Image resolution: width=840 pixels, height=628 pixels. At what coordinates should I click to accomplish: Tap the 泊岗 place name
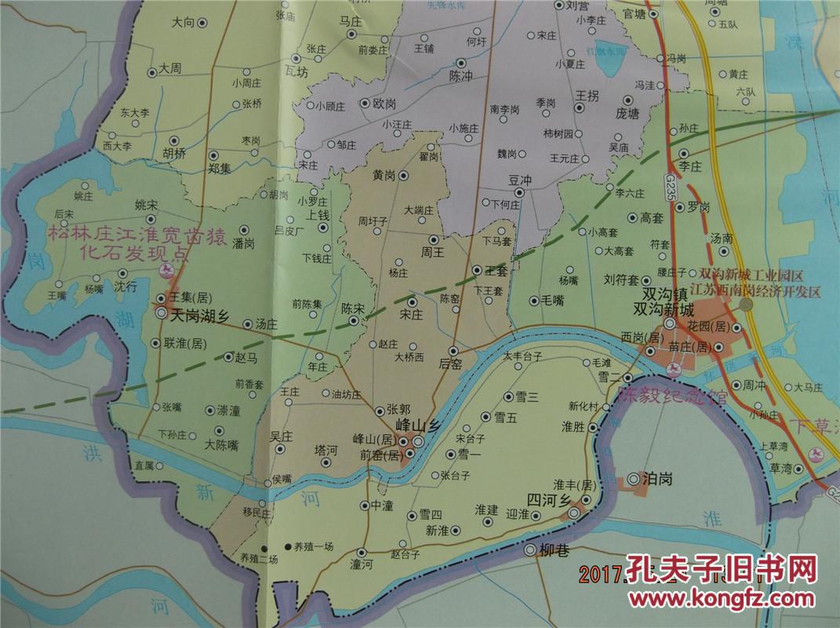pos(657,477)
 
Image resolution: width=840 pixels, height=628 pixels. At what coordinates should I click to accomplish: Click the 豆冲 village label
pos(520,180)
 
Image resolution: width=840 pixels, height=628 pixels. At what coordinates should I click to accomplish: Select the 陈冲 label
pos(460,76)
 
